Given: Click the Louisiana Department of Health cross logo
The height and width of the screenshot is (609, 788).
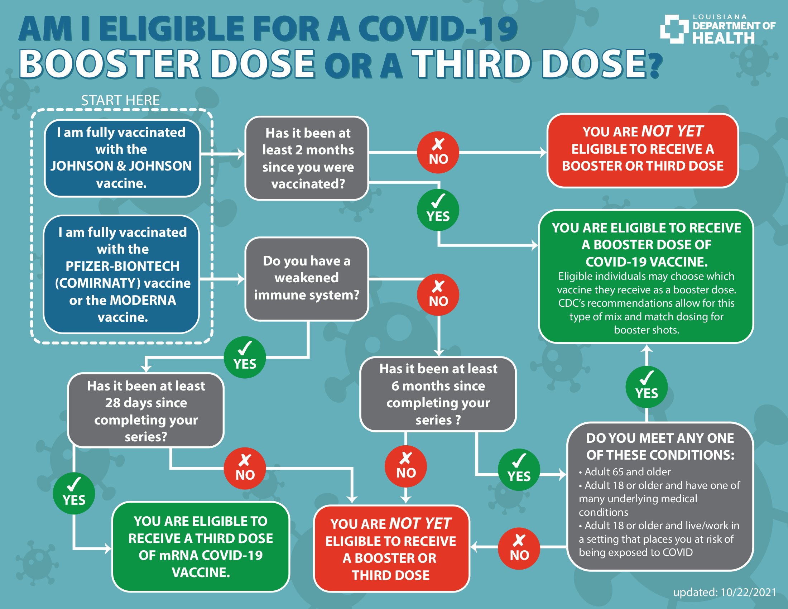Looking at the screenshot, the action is tap(674, 29).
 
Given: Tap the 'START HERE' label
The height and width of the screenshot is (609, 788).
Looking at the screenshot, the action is tap(120, 100).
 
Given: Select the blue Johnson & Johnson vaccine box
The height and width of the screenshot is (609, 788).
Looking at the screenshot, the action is tap(122, 158).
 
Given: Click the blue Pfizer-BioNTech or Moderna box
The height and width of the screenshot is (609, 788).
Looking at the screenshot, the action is tap(122, 274).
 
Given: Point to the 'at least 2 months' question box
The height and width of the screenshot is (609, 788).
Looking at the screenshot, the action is tap(307, 158).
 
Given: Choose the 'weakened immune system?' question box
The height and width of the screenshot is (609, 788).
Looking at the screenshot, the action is tap(307, 278).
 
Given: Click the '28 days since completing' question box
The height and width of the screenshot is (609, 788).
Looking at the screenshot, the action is tap(146, 411).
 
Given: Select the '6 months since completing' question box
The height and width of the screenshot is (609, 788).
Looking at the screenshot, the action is tap(438, 394).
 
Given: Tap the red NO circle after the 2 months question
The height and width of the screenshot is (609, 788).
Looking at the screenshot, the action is tap(438, 152).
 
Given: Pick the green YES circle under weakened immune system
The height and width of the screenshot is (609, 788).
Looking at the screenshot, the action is tap(245, 358).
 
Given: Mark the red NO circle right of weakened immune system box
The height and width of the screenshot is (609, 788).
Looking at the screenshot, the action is tap(438, 295).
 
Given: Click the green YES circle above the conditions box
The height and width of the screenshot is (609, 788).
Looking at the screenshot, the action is tap(646, 387).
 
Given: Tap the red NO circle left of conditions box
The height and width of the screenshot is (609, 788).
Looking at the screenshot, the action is tap(519, 549).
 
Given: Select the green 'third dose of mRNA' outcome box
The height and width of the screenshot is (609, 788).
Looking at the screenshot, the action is tap(201, 547).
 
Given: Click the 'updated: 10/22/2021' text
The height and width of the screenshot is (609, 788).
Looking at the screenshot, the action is tap(725, 592).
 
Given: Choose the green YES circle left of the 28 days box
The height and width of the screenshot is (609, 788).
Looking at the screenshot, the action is tap(74, 493).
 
